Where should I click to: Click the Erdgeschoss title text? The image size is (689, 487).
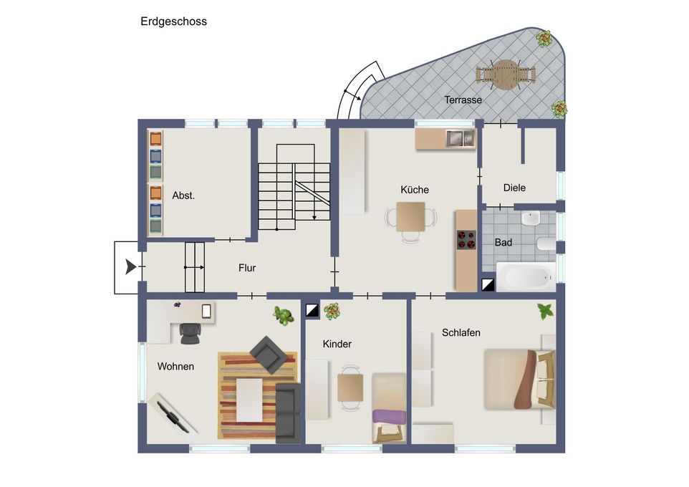(x=173, y=21)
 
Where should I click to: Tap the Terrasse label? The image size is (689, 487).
(x=463, y=100)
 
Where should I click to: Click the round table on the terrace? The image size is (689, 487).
(x=506, y=74)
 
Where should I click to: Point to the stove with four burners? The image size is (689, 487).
(x=466, y=239)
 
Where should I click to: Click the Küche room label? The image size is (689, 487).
(x=414, y=190)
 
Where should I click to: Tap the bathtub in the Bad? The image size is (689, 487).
(x=526, y=276)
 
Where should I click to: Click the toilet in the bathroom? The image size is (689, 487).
(x=546, y=243)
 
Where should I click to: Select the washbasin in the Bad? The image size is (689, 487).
(x=531, y=218)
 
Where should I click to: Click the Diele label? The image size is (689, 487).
(x=514, y=188)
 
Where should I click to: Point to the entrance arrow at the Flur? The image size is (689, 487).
(x=130, y=267)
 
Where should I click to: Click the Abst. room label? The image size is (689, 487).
(x=183, y=195)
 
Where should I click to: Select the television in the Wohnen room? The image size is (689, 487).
(x=173, y=416)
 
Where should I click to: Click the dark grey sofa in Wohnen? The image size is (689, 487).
(x=288, y=412)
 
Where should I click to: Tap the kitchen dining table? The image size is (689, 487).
(x=410, y=217)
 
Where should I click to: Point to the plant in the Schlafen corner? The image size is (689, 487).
(x=545, y=312)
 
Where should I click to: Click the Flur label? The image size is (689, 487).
(x=247, y=268)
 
